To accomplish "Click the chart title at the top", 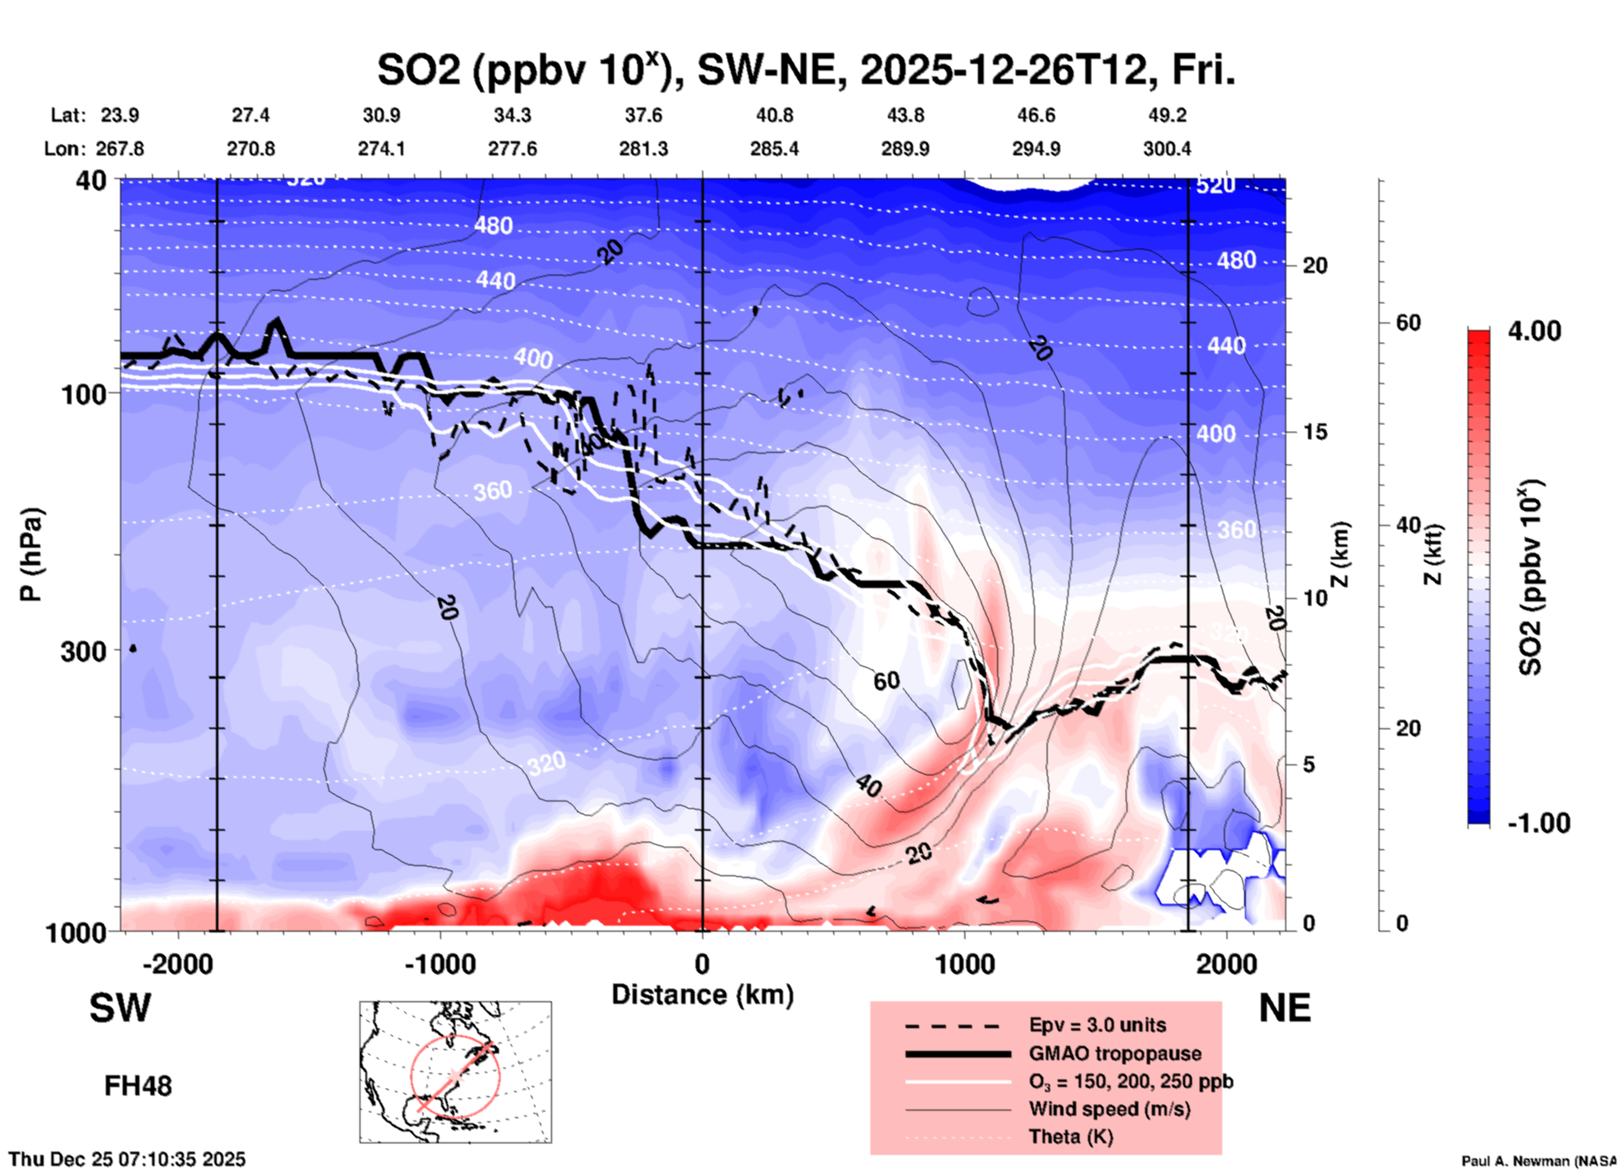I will pyautogui.click(x=806, y=70).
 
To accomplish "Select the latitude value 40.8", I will pyautogui.click(x=774, y=115).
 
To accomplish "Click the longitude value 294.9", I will pyautogui.click(x=1036, y=149).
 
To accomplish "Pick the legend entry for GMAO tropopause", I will pyautogui.click(x=1115, y=1053).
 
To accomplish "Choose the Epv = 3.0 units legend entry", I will pyautogui.click(x=1097, y=1025).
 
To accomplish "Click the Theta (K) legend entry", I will pyautogui.click(x=1071, y=1137).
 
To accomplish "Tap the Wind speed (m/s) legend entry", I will pyautogui.click(x=1109, y=1109).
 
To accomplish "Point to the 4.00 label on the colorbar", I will pyautogui.click(x=1534, y=331).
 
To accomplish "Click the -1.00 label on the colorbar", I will pyautogui.click(x=1538, y=823).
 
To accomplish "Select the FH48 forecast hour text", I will pyautogui.click(x=138, y=1086).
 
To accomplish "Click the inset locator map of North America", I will pyautogui.click(x=455, y=1071).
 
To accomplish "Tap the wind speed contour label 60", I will pyautogui.click(x=886, y=680).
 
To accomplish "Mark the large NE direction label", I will pyautogui.click(x=1284, y=1008).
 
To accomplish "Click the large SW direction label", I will pyautogui.click(x=120, y=1008).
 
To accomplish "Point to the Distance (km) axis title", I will pyautogui.click(x=702, y=995).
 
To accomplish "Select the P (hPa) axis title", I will pyautogui.click(x=31, y=554).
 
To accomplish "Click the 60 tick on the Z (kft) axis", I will pyautogui.click(x=1408, y=323).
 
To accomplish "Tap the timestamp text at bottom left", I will pyautogui.click(x=127, y=1159).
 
